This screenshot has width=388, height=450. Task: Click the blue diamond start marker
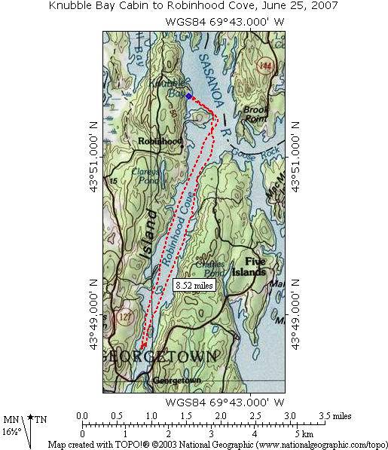[189, 96]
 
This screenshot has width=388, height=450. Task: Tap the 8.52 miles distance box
[194, 286]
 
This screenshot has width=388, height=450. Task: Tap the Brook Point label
[255, 114]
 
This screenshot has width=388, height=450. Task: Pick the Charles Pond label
[209, 268]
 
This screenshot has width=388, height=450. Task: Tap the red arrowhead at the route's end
[143, 345]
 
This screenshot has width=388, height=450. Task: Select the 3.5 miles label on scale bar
[335, 415]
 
